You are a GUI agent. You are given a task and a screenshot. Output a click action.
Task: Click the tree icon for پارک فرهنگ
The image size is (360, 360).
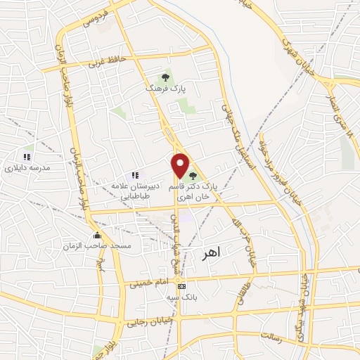pyautogui.click(x=166, y=77)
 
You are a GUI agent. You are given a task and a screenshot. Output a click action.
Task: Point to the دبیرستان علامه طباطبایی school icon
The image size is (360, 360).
pyautogui.click(x=135, y=175)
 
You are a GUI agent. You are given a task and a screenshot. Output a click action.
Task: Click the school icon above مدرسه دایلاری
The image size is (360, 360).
pyautogui.click(x=27, y=156)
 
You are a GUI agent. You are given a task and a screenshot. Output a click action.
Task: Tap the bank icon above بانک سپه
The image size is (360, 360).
pyautogui.click(x=182, y=286)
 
